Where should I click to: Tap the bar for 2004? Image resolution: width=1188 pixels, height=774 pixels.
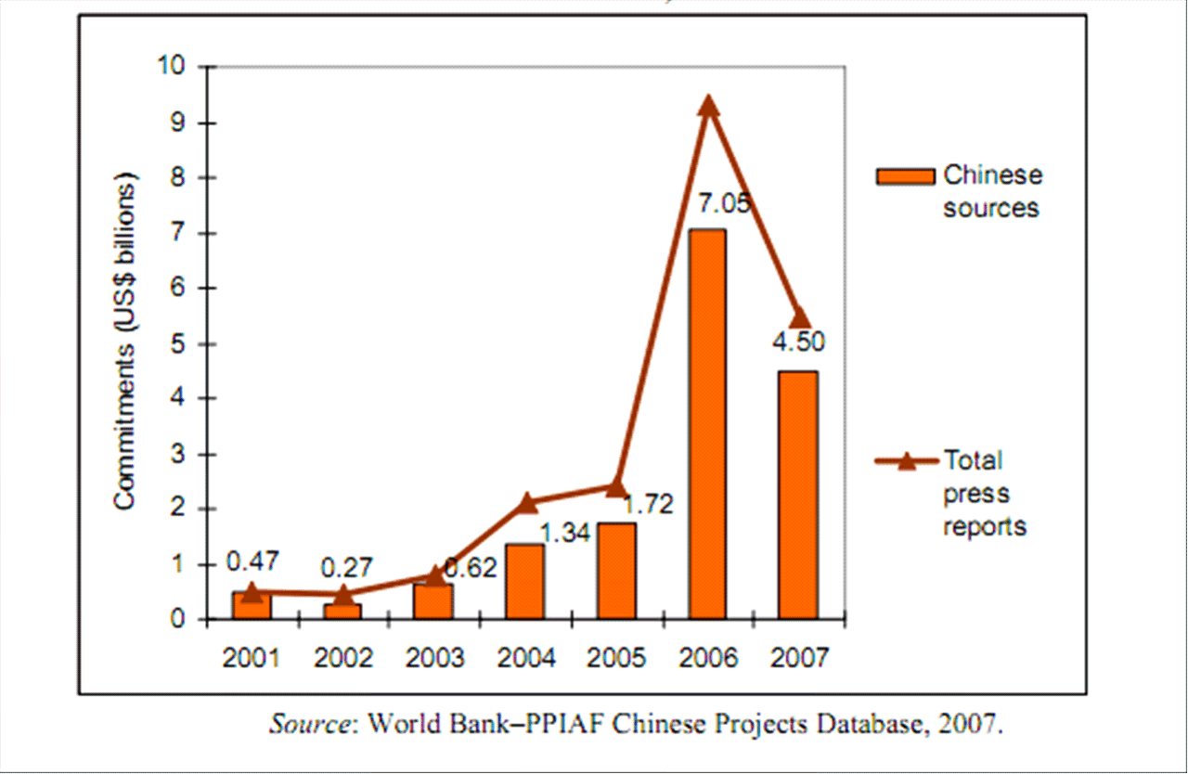click(x=525, y=581)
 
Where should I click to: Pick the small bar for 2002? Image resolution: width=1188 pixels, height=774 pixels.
click(x=343, y=611)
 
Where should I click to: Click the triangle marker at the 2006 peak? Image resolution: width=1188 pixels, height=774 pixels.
click(x=708, y=106)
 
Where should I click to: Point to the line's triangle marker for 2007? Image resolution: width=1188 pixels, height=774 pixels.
click(x=799, y=318)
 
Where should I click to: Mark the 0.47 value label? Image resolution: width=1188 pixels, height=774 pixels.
click(x=253, y=561)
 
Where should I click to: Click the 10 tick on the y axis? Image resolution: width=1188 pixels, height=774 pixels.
click(x=175, y=67)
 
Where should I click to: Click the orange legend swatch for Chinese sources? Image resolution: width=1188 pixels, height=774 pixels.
click(x=905, y=176)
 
